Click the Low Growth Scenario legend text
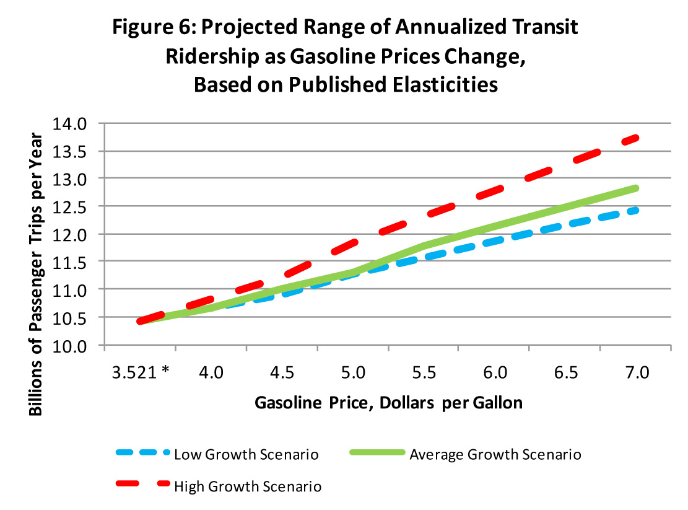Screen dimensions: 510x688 246,454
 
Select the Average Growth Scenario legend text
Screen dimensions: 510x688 495,454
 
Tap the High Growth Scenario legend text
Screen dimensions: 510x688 248,486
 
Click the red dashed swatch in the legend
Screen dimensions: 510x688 142,486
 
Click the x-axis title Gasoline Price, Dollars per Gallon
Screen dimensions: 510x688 388,403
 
